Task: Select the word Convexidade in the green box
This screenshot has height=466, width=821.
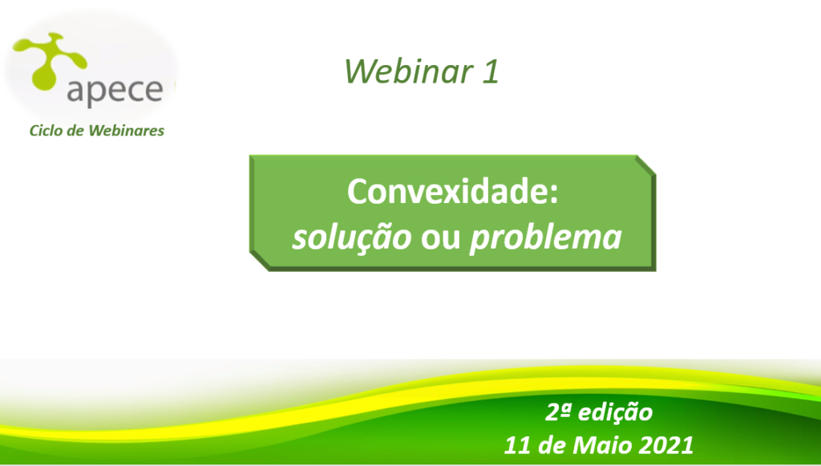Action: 444,191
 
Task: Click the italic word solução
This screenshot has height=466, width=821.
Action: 352,237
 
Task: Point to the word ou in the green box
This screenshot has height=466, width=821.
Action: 440,238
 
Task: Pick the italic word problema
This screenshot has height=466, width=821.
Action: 545,237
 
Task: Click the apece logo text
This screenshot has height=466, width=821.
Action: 115,90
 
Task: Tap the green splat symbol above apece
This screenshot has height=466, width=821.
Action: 49,59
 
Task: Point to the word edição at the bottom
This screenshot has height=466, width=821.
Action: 615,413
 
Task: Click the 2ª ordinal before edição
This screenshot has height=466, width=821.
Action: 558,412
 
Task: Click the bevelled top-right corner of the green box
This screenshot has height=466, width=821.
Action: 645,165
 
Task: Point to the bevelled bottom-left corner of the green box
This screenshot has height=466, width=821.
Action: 260,261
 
